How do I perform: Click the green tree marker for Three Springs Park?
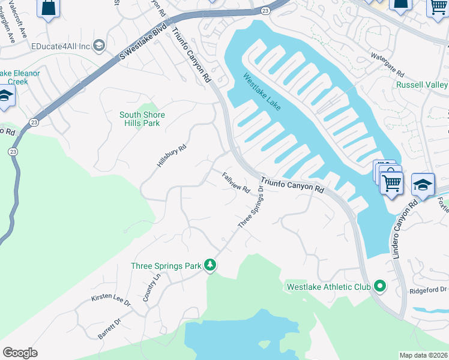pyautogui.click(x=209, y=265)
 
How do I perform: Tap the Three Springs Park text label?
pyautogui.click(x=166, y=265)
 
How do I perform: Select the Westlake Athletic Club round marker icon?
pyautogui.click(x=379, y=286)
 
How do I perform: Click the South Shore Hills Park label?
pyautogui.click(x=142, y=119)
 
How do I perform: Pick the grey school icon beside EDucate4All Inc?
pyautogui.click(x=99, y=46)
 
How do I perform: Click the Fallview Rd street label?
pyautogui.click(x=236, y=182)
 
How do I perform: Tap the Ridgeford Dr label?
pyautogui.click(x=427, y=289)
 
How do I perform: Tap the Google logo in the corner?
pyautogui.click(x=20, y=353)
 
